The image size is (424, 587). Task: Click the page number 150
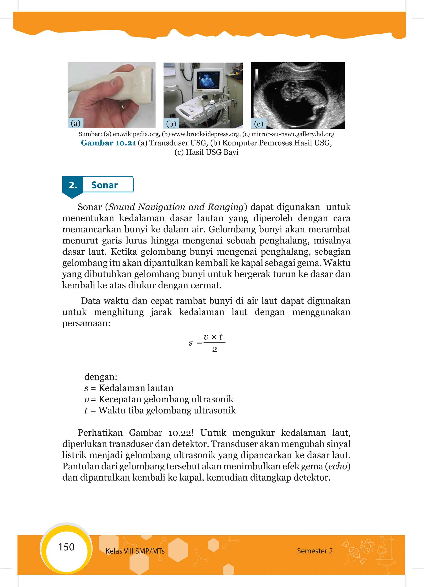click(66, 547)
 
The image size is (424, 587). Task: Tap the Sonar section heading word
click(104, 185)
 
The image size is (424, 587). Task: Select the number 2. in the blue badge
click(73, 185)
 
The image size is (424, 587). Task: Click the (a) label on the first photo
click(76, 123)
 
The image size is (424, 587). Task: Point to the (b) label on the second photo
click(171, 124)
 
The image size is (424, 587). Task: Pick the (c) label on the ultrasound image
click(258, 124)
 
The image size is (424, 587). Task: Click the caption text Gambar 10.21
click(108, 143)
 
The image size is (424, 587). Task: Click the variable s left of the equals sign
click(190, 343)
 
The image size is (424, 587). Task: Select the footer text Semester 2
click(314, 551)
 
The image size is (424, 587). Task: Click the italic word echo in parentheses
click(337, 466)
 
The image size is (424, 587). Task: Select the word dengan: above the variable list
click(101, 377)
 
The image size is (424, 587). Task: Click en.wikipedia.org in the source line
click(136, 134)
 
